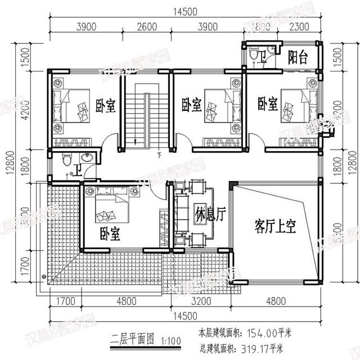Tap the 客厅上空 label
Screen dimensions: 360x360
point(275,226)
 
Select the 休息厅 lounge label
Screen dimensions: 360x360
point(211,215)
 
